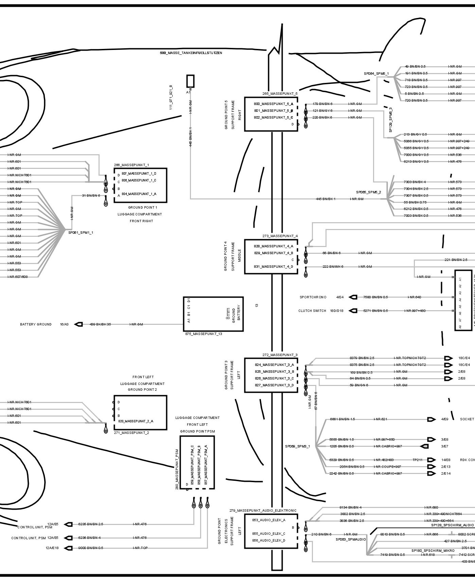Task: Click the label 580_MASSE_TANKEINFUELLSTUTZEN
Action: click(x=191, y=53)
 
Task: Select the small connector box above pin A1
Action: click(x=190, y=81)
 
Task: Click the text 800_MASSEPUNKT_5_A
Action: click(x=273, y=104)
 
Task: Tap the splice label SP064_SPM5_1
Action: click(x=376, y=73)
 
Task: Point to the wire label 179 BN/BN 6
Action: click(x=322, y=104)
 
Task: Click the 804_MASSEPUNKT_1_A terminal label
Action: click(x=139, y=194)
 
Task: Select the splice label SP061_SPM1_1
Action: click(x=81, y=233)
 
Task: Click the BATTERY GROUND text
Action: click(x=36, y=324)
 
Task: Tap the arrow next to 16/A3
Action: click(x=78, y=324)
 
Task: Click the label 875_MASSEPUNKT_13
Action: click(x=204, y=334)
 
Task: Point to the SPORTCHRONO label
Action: click(x=313, y=297)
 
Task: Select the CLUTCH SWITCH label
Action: click(x=312, y=311)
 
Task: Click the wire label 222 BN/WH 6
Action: click(x=333, y=267)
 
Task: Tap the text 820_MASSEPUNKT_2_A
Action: click(x=136, y=421)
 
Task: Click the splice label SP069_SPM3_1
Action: click(x=297, y=446)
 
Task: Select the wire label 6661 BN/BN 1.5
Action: click(x=342, y=419)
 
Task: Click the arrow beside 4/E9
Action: click(x=431, y=419)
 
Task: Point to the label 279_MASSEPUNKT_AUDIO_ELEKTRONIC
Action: click(x=263, y=510)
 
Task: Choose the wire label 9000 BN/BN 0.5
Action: click(x=90, y=548)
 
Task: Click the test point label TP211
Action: click(x=417, y=460)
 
